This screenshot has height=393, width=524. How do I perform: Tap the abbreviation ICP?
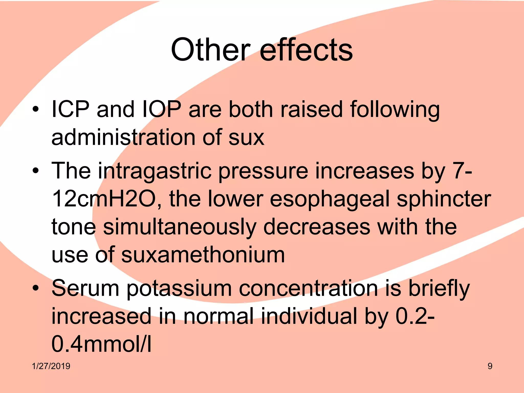[70, 109]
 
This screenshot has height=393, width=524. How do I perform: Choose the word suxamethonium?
[203, 255]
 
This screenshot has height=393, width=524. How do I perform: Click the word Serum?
[85, 288]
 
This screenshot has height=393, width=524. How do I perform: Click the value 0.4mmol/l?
[101, 344]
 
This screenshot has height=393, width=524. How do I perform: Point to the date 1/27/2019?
[51, 366]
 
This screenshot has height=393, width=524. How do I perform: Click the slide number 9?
[490, 366]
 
